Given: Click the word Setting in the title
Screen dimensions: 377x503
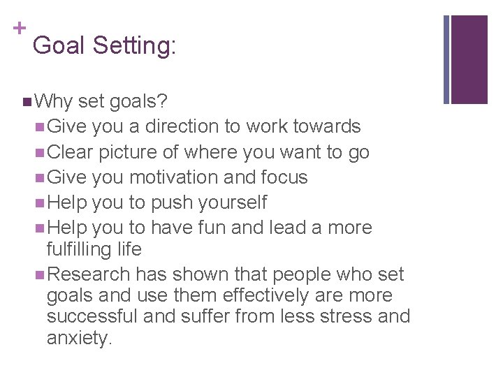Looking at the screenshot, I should (134, 46).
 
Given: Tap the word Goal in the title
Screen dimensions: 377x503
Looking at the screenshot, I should (59, 46).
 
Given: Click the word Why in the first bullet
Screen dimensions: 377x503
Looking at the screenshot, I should (53, 102).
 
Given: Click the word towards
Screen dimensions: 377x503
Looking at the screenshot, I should (327, 126).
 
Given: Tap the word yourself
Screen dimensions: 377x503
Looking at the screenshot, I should (232, 202).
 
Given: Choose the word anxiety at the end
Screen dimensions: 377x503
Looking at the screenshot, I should (79, 339).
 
